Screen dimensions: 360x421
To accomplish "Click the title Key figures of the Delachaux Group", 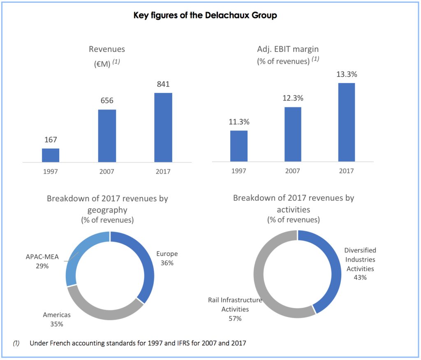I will pyautogui.click(x=205, y=16).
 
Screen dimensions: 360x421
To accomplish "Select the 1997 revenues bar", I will pyautogui.click(x=51, y=155).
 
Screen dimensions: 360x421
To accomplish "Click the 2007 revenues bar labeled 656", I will pyautogui.click(x=107, y=136).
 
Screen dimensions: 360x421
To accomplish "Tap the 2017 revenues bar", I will pyautogui.click(x=163, y=127).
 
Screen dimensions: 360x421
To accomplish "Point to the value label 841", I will pyautogui.click(x=163, y=84).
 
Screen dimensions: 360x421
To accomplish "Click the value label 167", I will pyautogui.click(x=51, y=140).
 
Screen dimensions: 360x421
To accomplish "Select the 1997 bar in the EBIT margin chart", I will pyautogui.click(x=239, y=146).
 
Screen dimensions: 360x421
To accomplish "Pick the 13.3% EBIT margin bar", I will pyautogui.click(x=347, y=122).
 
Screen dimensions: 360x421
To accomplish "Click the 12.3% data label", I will pyautogui.click(x=292, y=98).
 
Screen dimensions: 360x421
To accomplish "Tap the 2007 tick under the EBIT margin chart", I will pyautogui.click(x=292, y=171).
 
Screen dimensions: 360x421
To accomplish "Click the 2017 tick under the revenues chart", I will pyautogui.click(x=163, y=171).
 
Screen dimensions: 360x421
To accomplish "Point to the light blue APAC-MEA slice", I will pyautogui.click(x=82, y=255).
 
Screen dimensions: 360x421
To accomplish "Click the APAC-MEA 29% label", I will pyautogui.click(x=42, y=261).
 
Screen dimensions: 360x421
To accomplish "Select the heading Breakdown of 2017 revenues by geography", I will pyautogui.click(x=107, y=204).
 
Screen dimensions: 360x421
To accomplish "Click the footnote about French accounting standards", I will pyautogui.click(x=138, y=343).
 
